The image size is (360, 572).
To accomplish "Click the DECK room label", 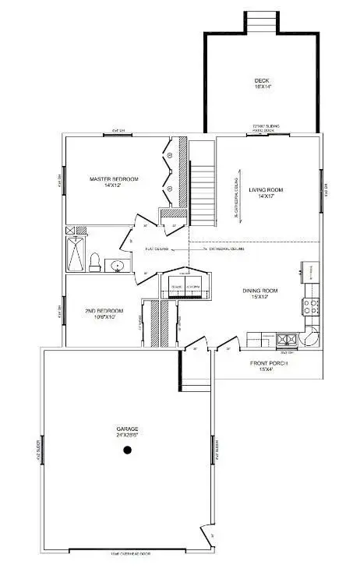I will pos(261,80).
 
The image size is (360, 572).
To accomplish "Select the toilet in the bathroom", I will pos(94,262).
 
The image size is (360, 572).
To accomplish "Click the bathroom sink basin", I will pos(118,267).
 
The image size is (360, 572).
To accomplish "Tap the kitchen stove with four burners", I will pos(311,306).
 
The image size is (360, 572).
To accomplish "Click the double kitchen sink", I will pos(286,339).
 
